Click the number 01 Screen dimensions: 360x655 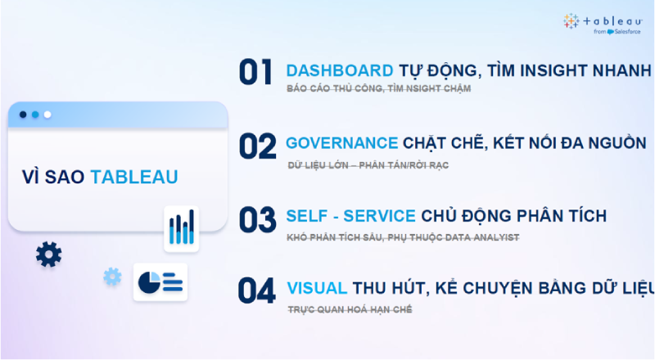pos(255,72)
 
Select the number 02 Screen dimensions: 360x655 pos(257,146)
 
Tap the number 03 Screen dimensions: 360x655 pos(257,219)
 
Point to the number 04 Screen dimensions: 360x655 pos(257,292)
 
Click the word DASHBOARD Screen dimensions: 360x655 pos(340,70)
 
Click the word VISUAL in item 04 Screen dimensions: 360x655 pos(317,288)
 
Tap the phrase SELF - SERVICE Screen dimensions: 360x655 pos(351,216)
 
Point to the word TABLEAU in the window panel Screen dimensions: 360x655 pos(133,177)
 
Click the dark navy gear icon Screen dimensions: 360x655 pos(49,254)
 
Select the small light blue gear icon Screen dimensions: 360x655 pos(112,277)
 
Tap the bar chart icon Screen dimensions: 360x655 pos(181,227)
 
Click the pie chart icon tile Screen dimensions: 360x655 pos(160,282)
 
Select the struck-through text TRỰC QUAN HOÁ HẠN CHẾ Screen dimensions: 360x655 pos(350,309)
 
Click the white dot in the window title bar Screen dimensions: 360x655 pos(47,115)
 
